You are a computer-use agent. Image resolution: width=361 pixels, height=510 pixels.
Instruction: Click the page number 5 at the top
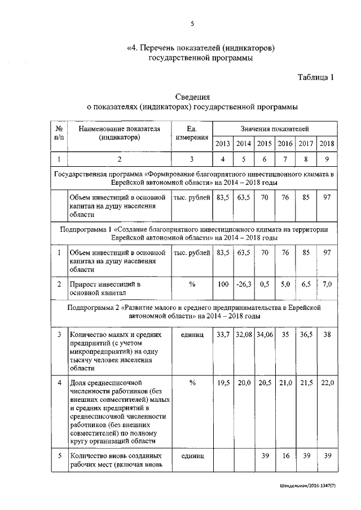coord(192,23)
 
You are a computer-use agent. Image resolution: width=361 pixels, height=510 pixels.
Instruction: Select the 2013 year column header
coord(223,143)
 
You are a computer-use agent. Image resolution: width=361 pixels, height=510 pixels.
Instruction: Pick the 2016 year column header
coord(285,143)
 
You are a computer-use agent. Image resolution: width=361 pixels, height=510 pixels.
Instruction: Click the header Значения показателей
coord(275,129)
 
